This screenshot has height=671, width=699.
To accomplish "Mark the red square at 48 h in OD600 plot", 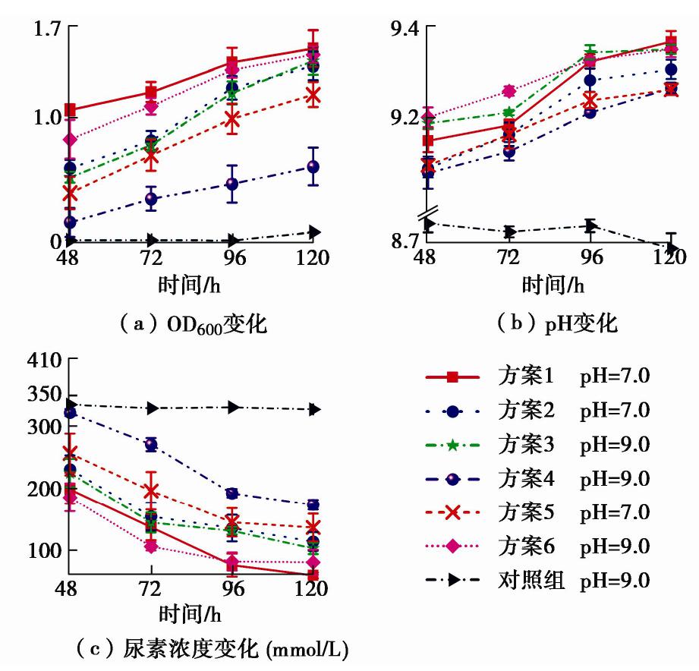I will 71,110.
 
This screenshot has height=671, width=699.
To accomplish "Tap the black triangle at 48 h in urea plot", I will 71,405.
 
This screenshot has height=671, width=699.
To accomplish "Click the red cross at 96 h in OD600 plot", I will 232,119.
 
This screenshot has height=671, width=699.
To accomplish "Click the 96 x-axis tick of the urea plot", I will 233,589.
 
